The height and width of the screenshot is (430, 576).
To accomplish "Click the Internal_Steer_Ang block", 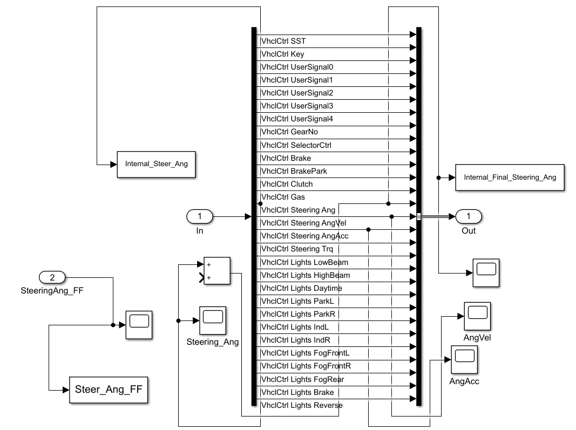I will tap(156, 163).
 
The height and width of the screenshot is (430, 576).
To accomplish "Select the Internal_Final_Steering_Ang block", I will tap(510, 177).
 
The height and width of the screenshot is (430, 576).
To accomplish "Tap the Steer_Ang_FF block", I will tap(109, 389).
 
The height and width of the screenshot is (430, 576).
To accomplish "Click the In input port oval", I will tap(200, 217).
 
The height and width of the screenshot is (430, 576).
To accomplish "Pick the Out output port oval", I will tap(469, 217).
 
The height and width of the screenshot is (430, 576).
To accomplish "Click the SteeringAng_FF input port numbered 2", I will tap(52, 278).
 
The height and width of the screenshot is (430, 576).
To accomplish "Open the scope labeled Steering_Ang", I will tap(213, 320).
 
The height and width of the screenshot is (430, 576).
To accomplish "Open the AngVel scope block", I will tap(477, 316).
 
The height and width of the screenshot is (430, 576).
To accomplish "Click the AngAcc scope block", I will tap(464, 360).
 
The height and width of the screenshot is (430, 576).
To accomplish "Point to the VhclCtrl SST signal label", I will tap(283, 41).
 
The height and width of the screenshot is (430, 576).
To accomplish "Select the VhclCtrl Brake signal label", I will tap(286, 158).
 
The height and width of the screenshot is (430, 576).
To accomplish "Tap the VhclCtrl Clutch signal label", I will tap(287, 184).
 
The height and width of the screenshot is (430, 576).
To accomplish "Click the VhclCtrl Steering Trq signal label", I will tap(297, 249).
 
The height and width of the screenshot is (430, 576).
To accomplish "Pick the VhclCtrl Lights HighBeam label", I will tap(305, 275).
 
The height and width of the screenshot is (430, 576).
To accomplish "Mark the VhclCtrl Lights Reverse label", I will tap(301, 405).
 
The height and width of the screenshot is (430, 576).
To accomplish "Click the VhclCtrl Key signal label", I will tap(283, 54).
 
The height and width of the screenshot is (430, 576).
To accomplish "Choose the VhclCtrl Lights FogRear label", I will tap(302, 379).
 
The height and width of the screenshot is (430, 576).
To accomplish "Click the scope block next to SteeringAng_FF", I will tap(139, 325).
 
